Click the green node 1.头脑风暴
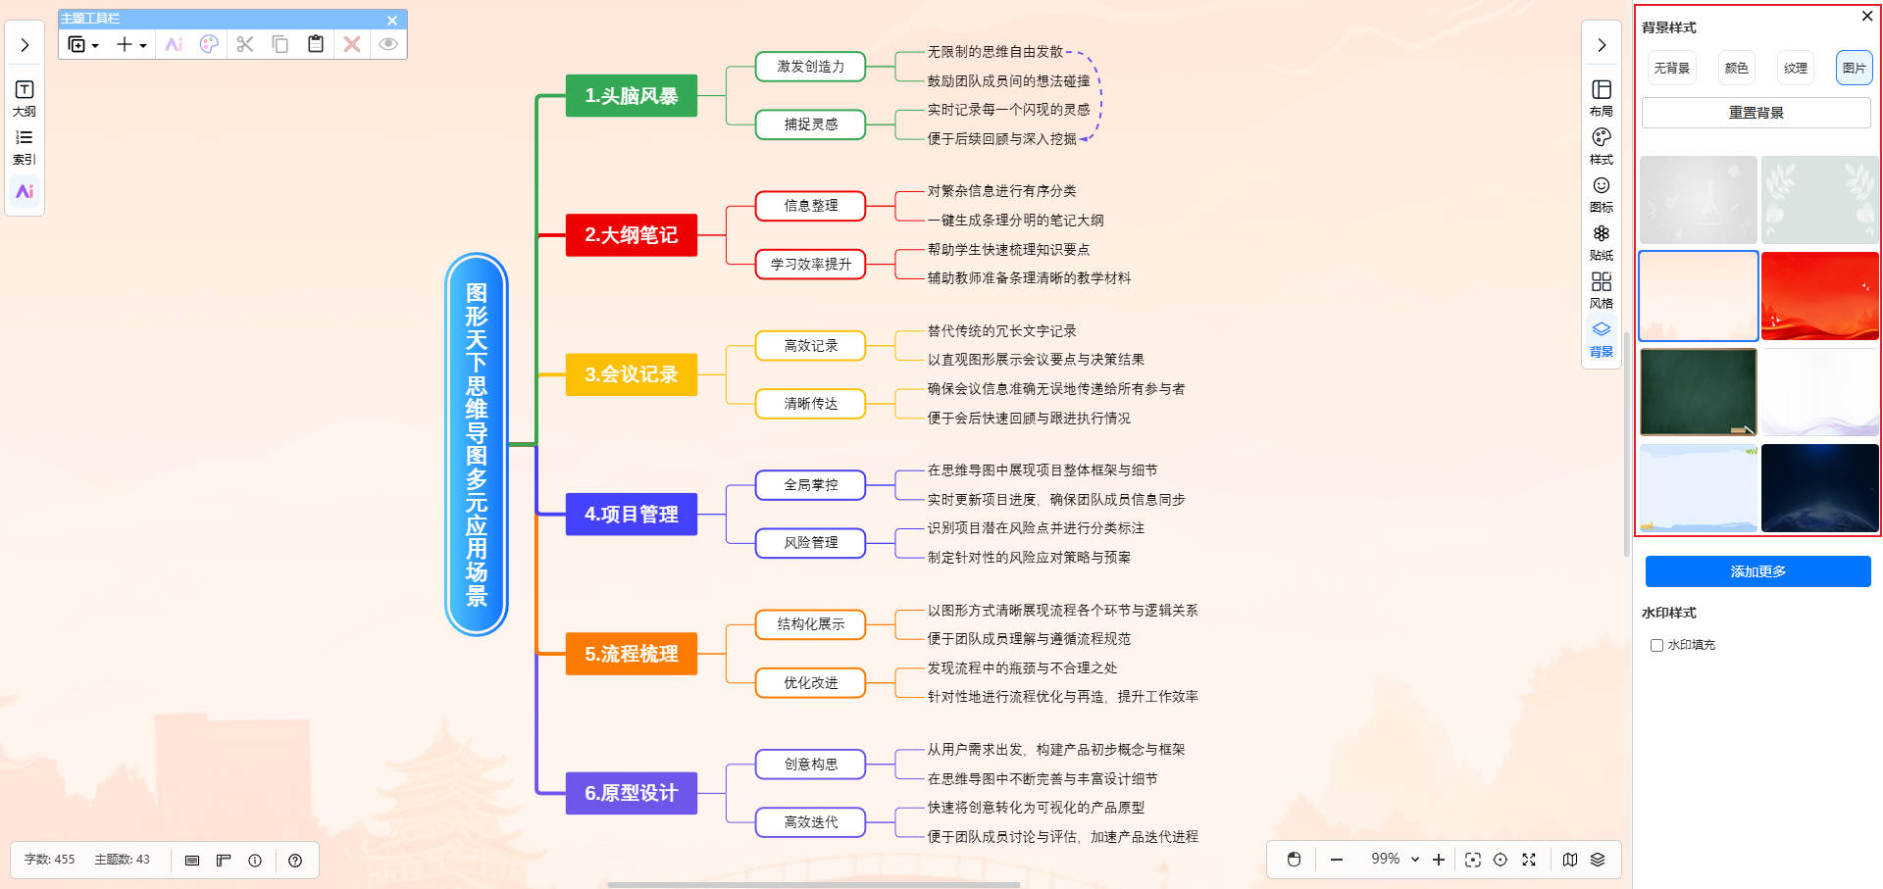click(631, 96)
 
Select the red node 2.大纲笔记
click(631, 235)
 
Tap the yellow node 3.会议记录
click(631, 374)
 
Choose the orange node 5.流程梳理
click(631, 654)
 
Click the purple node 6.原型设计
click(631, 793)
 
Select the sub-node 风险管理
click(810, 543)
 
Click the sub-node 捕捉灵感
click(810, 124)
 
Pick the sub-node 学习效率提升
click(810, 265)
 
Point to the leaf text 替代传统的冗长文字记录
click(1001, 331)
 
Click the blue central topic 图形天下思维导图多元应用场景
click(477, 444)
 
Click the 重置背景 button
click(1756, 113)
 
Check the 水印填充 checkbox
click(1656, 645)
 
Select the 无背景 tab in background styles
click(1671, 68)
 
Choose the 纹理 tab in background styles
click(1795, 68)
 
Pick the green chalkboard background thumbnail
click(1698, 392)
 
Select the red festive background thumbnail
click(1819, 296)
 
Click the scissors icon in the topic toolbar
click(245, 44)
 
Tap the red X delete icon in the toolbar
click(352, 44)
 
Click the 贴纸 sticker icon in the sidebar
click(1601, 240)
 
